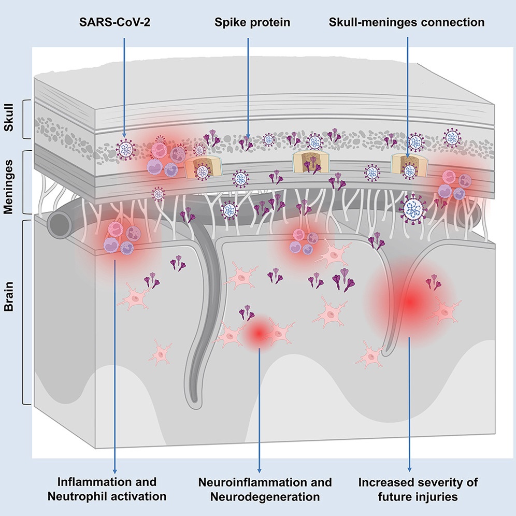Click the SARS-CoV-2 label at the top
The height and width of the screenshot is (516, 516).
point(124,23)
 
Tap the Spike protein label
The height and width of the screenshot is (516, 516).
point(248,23)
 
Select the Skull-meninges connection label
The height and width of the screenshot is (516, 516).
point(407,23)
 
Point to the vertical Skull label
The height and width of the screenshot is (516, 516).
point(9,120)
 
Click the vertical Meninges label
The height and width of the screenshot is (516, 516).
point(9,182)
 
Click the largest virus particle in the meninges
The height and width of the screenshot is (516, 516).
point(413,209)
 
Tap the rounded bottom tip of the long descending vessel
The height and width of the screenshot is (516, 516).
point(194,399)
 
